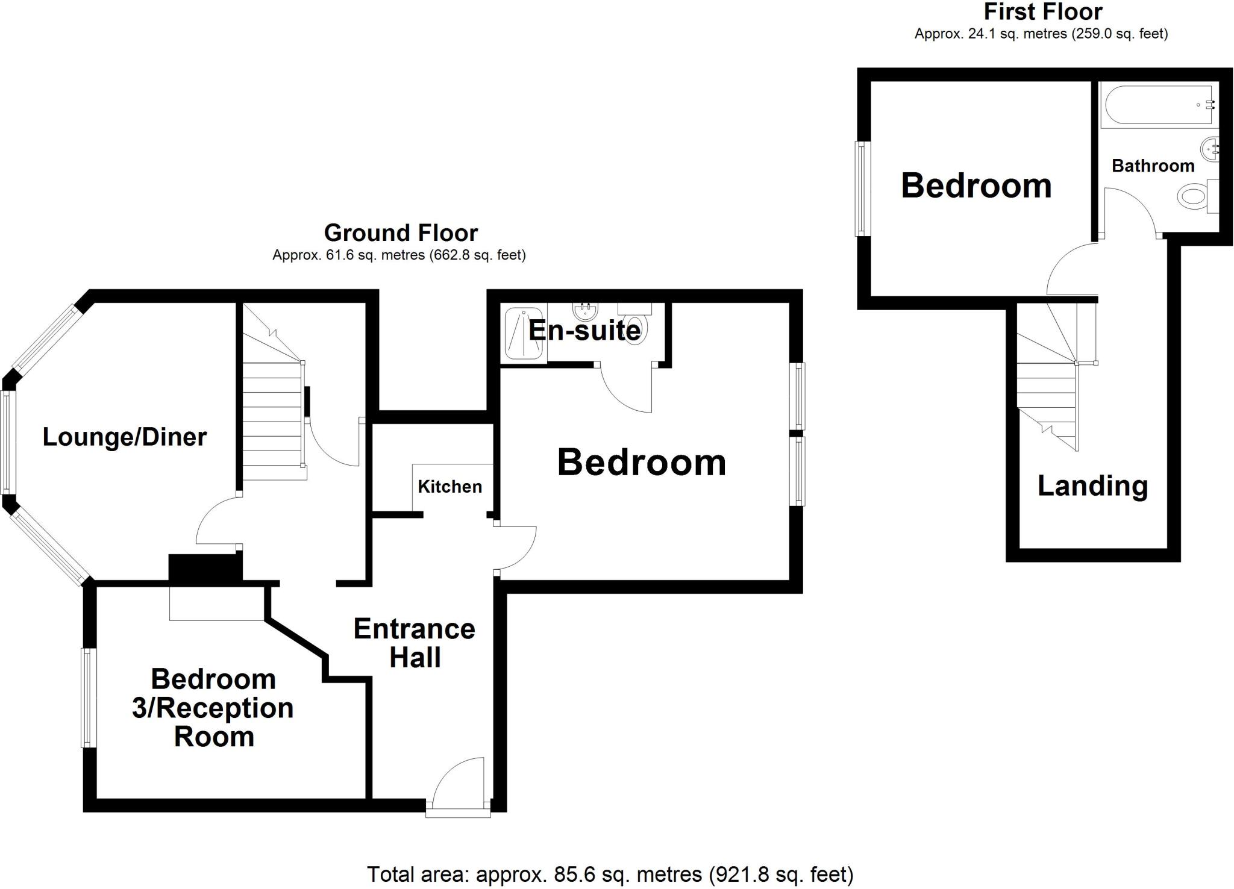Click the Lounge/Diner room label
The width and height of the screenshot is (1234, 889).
click(x=125, y=437)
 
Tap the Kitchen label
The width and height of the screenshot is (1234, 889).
click(x=449, y=487)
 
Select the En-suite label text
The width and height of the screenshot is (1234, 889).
click(x=584, y=331)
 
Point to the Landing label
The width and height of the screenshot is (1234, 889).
click(x=1092, y=486)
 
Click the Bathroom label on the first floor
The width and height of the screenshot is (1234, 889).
click(x=1153, y=166)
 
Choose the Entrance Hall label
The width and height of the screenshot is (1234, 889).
click(x=415, y=643)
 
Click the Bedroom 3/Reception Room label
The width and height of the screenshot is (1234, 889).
click(x=213, y=708)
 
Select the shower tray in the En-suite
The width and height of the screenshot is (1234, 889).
click(x=523, y=334)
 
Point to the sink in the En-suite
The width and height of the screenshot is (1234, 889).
click(x=584, y=311)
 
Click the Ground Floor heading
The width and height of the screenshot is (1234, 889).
click(x=401, y=232)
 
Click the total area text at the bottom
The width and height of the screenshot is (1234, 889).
click(x=610, y=874)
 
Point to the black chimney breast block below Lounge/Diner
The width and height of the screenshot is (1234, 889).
click(x=205, y=568)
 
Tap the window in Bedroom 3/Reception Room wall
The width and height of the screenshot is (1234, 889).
click(x=89, y=697)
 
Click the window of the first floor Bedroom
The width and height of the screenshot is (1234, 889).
click(x=863, y=189)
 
